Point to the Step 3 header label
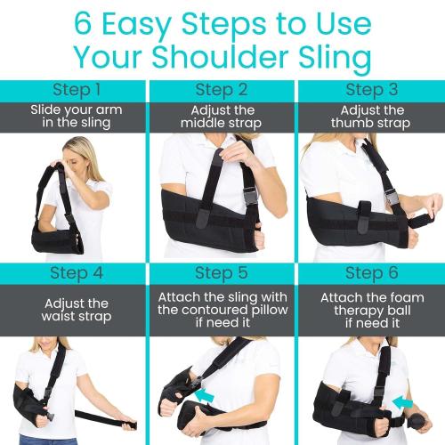tap(371, 90)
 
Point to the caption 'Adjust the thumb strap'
tap(371, 116)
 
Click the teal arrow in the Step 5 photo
tap(207, 396)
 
